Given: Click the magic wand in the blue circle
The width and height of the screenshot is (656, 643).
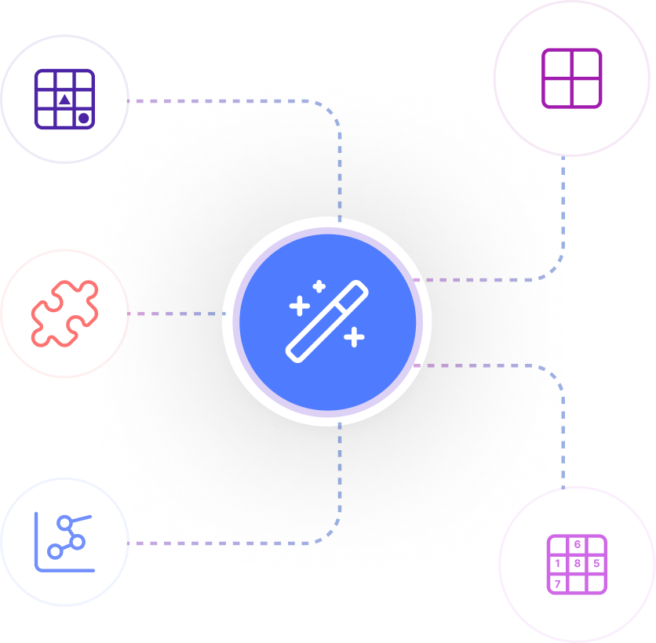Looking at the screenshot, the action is [326, 321].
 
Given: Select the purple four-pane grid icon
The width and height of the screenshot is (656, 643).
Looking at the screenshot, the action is [571, 78].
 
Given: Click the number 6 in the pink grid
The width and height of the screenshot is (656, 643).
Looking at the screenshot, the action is [578, 544].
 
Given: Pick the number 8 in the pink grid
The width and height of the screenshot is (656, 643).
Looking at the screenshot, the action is [578, 564].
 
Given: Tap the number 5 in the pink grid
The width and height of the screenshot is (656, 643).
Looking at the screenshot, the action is [596, 564].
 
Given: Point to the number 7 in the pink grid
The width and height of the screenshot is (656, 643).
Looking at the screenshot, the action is [558, 583].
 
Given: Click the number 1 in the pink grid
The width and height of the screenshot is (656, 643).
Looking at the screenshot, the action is [558, 564].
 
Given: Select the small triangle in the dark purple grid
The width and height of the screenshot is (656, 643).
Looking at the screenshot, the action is [64, 100].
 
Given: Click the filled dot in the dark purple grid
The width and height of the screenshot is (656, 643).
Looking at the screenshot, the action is [84, 118].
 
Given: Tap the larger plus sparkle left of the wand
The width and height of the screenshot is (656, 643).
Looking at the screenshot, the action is [300, 306].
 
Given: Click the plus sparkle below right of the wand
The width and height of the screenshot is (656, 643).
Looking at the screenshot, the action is [355, 337].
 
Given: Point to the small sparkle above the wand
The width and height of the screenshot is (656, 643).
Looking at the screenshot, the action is [319, 286].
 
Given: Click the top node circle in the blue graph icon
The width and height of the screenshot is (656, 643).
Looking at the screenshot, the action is [65, 523].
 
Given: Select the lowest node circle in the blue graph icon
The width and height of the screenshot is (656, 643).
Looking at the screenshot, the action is [55, 551].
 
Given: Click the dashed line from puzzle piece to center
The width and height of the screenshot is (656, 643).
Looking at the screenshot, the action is [176, 314].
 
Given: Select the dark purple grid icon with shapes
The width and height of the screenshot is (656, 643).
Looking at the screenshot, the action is [64, 99].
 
